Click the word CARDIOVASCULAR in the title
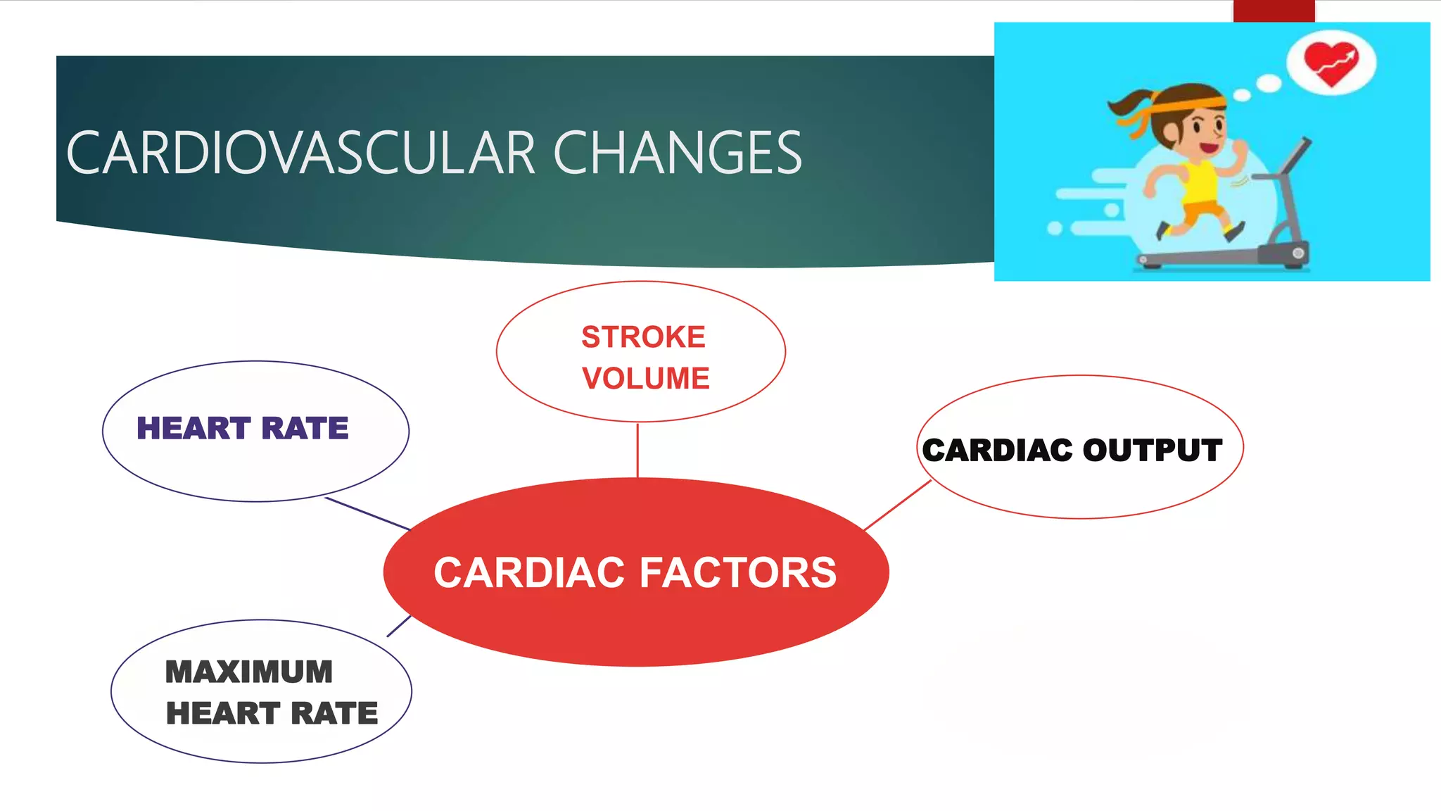click(301, 153)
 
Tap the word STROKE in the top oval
click(643, 337)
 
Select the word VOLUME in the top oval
click(645, 379)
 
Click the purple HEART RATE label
click(242, 428)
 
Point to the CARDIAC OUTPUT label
click(1072, 451)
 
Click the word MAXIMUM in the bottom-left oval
click(248, 672)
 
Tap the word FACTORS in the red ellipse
click(738, 572)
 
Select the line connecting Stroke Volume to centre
click(637, 451)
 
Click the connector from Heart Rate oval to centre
click(367, 514)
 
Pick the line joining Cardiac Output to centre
click(898, 505)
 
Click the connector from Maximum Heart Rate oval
click(399, 626)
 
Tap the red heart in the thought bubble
click(1330, 63)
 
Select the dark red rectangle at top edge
click(1274, 11)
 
